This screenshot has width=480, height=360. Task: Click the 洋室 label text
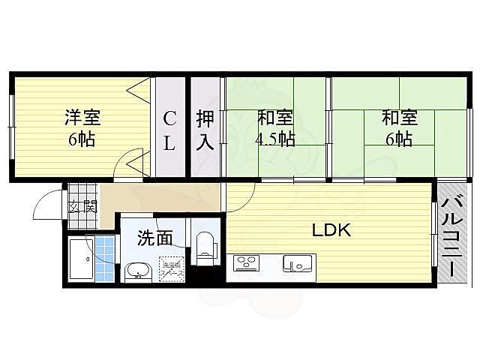[81, 118]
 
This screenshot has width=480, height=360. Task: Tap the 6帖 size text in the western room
[81, 139]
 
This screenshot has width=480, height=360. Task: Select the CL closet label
[170, 130]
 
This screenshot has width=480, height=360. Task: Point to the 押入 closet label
[205, 130]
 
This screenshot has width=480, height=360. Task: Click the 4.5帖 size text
[275, 139]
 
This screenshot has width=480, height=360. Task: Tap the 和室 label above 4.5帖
[275, 118]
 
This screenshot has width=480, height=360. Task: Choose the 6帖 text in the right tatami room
[398, 139]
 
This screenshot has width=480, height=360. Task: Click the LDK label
[331, 231]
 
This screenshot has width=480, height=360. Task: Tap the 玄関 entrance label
[82, 208]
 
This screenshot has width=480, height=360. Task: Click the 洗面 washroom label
[155, 238]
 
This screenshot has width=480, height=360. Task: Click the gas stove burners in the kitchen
[246, 263]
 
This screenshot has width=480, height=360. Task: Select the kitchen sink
[298, 264]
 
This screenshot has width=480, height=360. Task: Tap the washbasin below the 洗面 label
[136, 271]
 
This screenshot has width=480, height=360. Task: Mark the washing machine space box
[170, 268]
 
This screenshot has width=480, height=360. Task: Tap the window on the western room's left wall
[10, 127]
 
